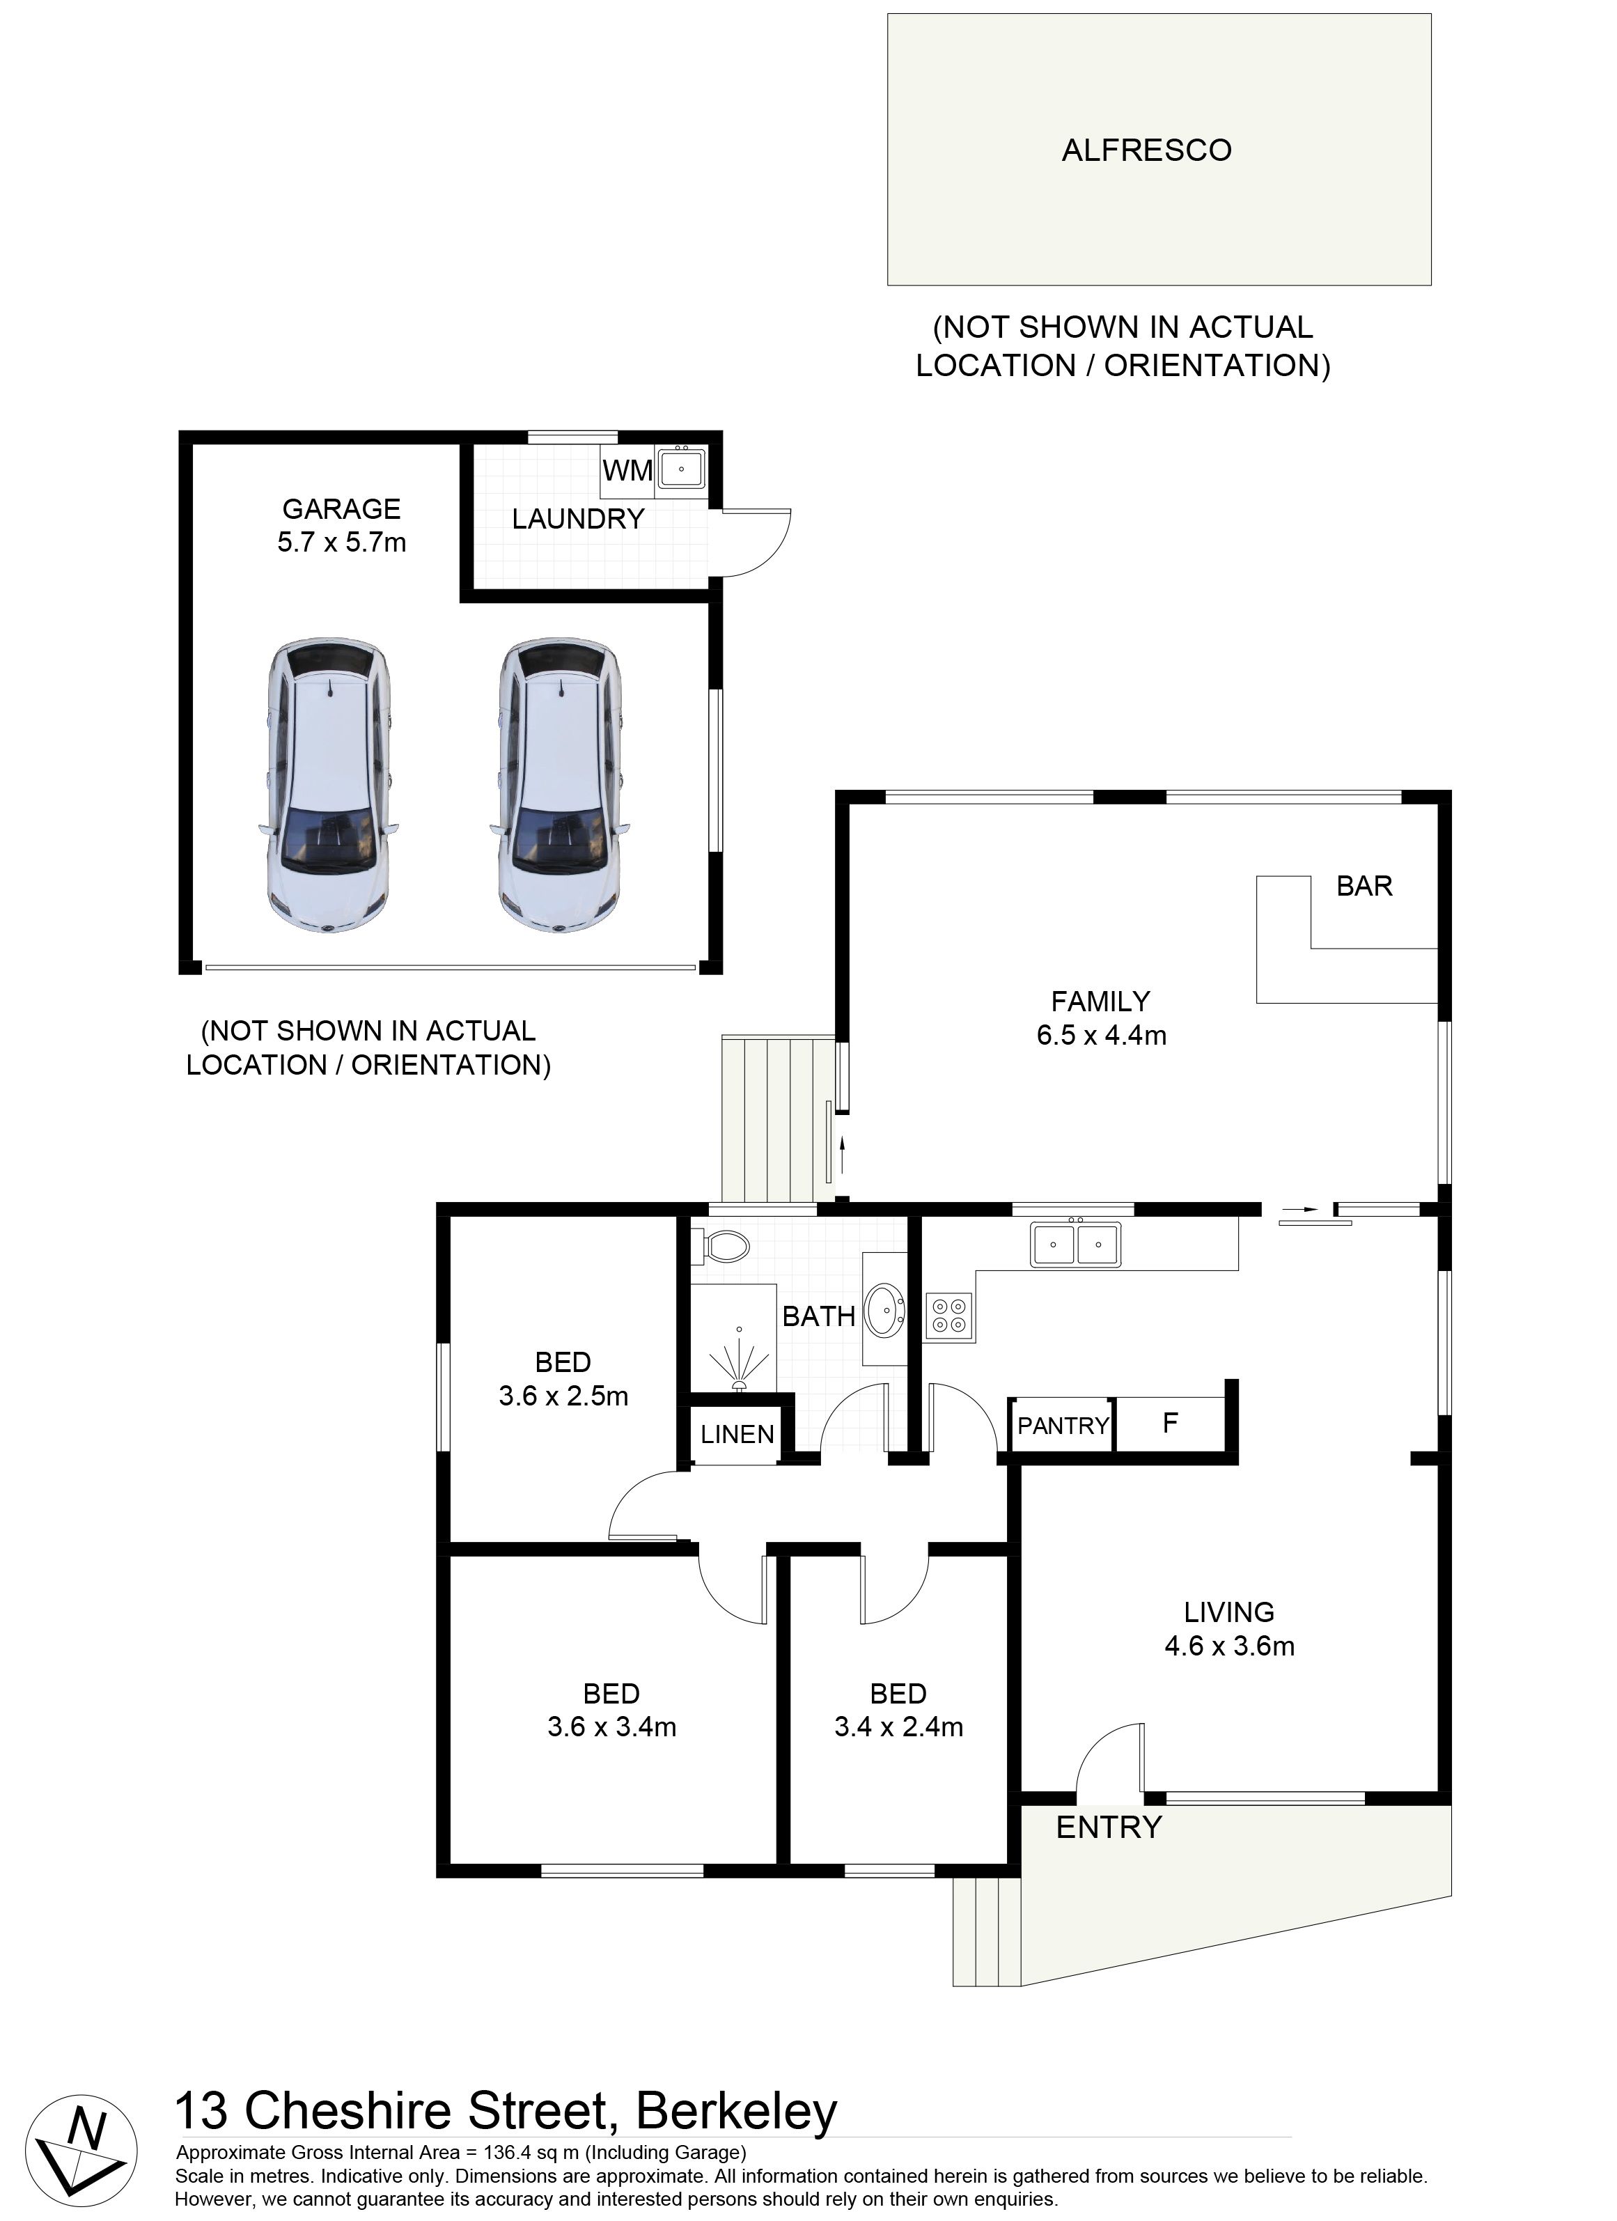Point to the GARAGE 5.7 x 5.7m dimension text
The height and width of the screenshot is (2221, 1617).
[342, 526]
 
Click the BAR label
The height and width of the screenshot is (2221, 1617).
[1364, 887]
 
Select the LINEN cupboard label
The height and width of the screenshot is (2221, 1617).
[737, 1435]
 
